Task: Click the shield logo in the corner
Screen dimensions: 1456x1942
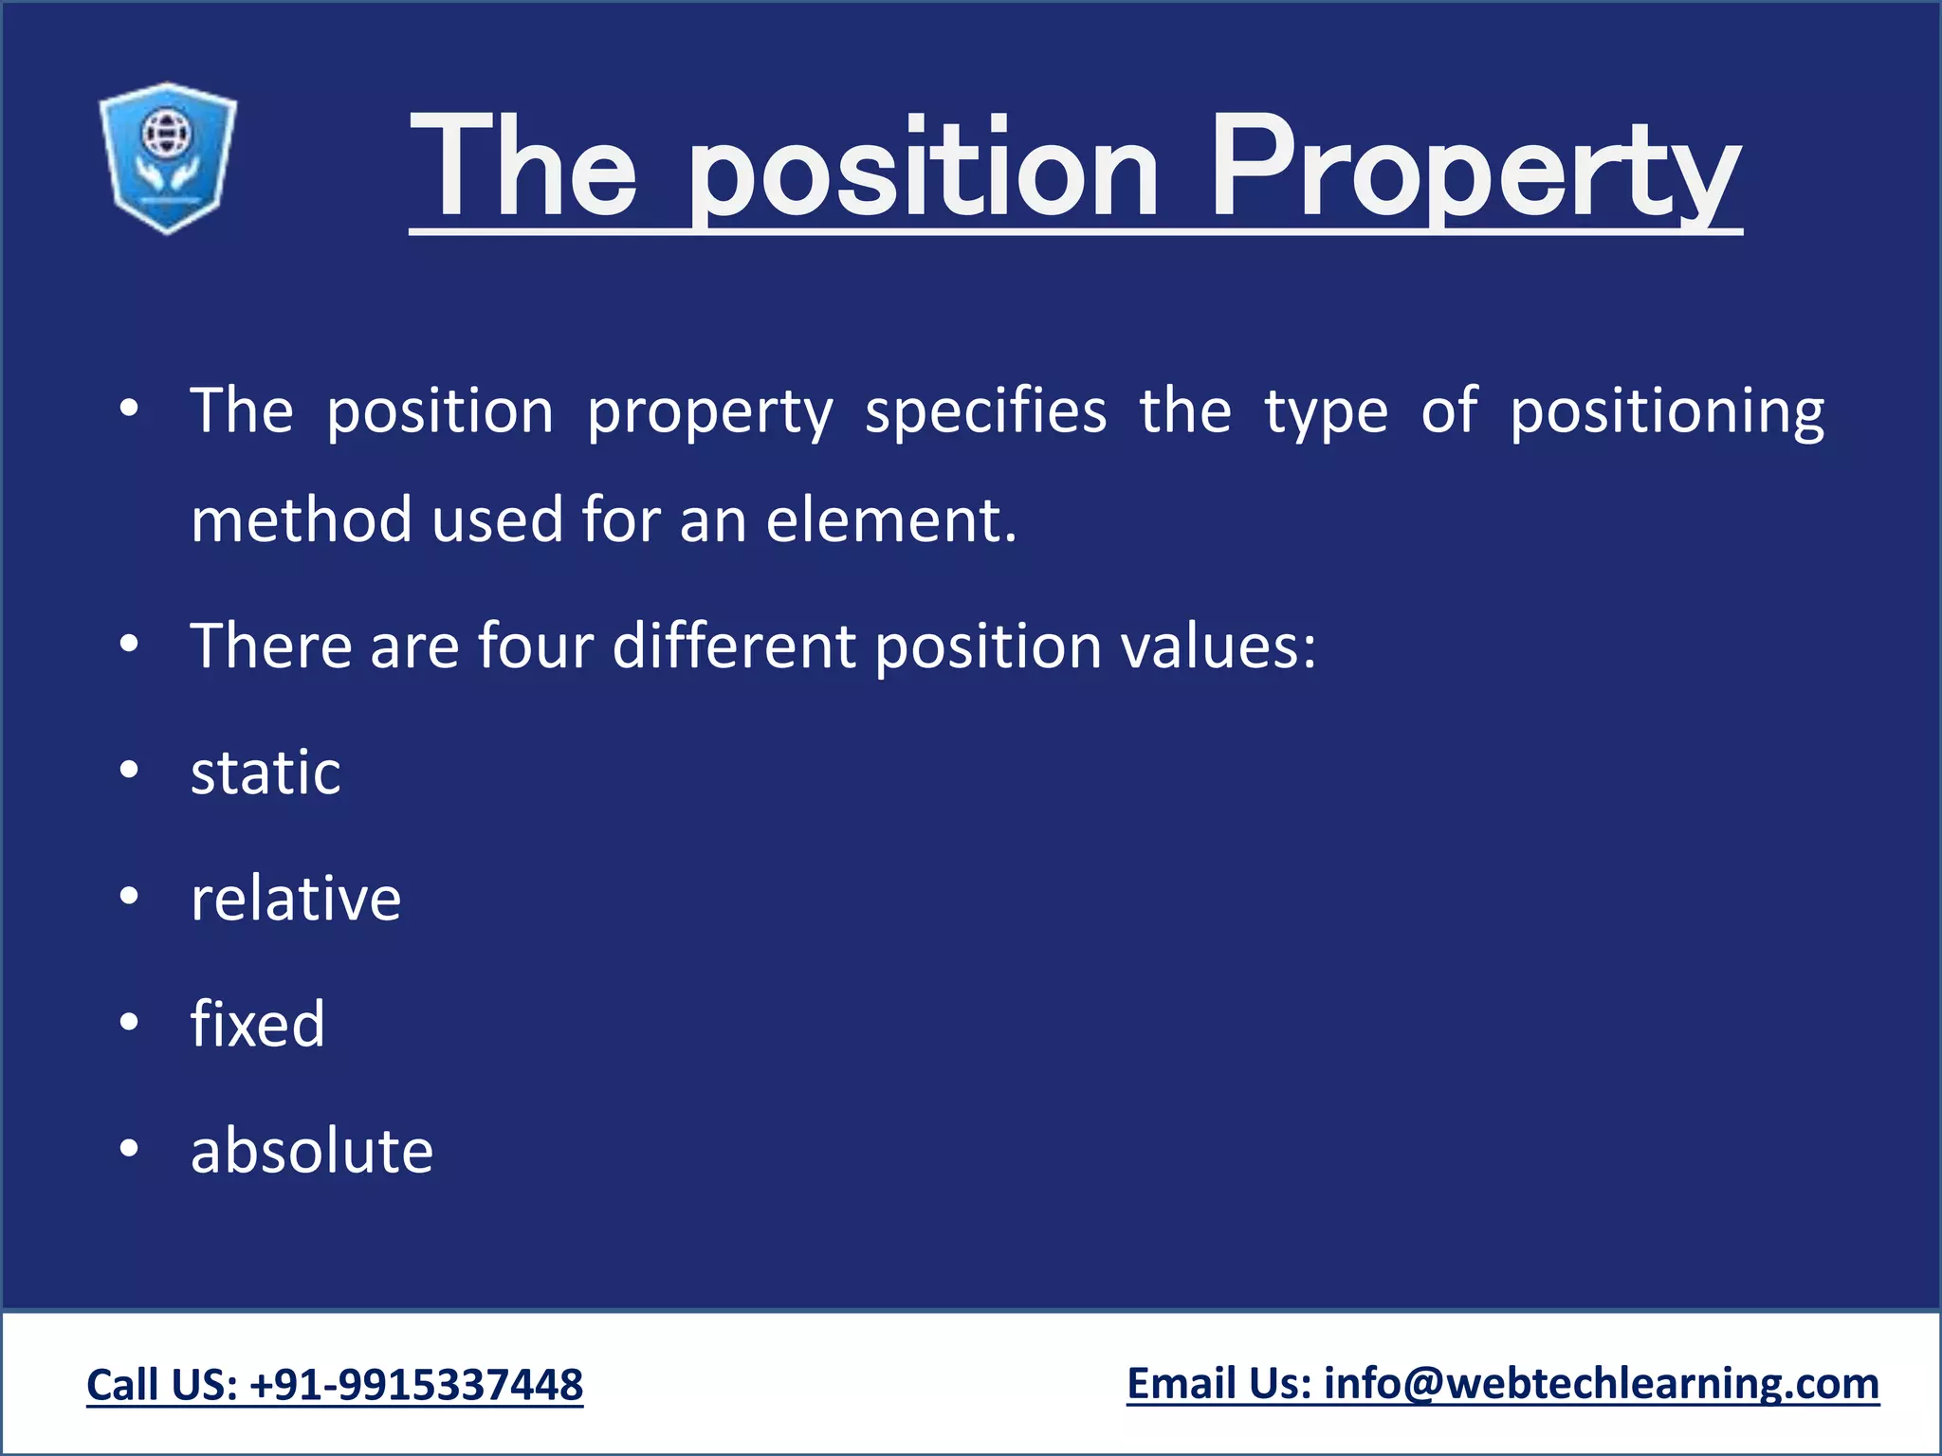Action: pyautogui.click(x=168, y=157)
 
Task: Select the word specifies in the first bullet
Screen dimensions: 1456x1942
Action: pyautogui.click(x=985, y=412)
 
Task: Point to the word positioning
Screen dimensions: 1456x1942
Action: pyautogui.click(x=1666, y=412)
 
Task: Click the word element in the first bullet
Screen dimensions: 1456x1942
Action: pyautogui.click(x=889, y=520)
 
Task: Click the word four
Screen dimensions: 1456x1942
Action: pyautogui.click(x=535, y=646)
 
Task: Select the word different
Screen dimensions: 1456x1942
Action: pyautogui.click(x=734, y=646)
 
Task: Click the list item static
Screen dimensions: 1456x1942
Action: pyautogui.click(x=266, y=773)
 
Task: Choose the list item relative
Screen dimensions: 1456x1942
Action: pyautogui.click(x=296, y=899)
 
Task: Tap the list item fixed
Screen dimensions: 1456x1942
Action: pyautogui.click(x=257, y=1025)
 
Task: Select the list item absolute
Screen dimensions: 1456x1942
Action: pyautogui.click(x=312, y=1151)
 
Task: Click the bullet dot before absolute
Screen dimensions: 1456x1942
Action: pyautogui.click(x=130, y=1149)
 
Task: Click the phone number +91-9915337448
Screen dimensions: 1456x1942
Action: pyautogui.click(x=416, y=1385)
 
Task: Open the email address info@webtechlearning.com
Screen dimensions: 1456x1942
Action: pyautogui.click(x=1601, y=1384)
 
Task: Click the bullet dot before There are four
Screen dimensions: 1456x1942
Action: pyautogui.click(x=130, y=645)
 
